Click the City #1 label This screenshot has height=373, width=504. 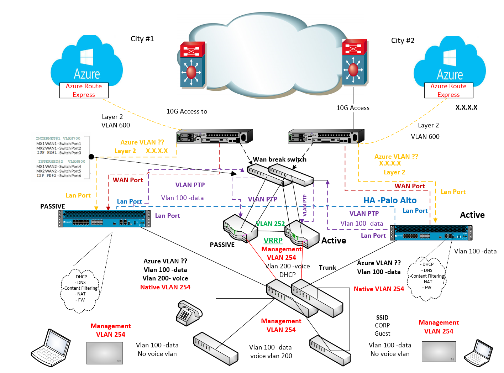[x=142, y=39]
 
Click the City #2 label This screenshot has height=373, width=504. [x=403, y=41]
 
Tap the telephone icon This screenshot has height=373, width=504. [x=189, y=312]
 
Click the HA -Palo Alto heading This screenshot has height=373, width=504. [x=390, y=200]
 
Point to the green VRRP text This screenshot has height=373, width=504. [x=273, y=241]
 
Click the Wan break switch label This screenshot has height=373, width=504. [x=279, y=159]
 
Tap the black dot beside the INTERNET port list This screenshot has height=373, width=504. [x=91, y=157]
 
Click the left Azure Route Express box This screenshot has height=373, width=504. [x=84, y=90]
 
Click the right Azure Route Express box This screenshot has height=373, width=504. [x=448, y=90]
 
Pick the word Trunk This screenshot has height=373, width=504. [x=327, y=268]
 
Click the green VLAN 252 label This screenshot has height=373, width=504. [x=270, y=224]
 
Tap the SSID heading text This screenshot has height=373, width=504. [x=382, y=317]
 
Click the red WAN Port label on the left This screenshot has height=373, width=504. [x=128, y=180]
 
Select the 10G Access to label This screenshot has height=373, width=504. [x=187, y=111]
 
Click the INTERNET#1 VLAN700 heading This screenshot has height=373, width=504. [x=58, y=138]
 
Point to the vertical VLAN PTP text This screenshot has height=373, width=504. [x=305, y=205]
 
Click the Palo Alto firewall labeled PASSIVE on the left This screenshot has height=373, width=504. [x=104, y=219]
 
